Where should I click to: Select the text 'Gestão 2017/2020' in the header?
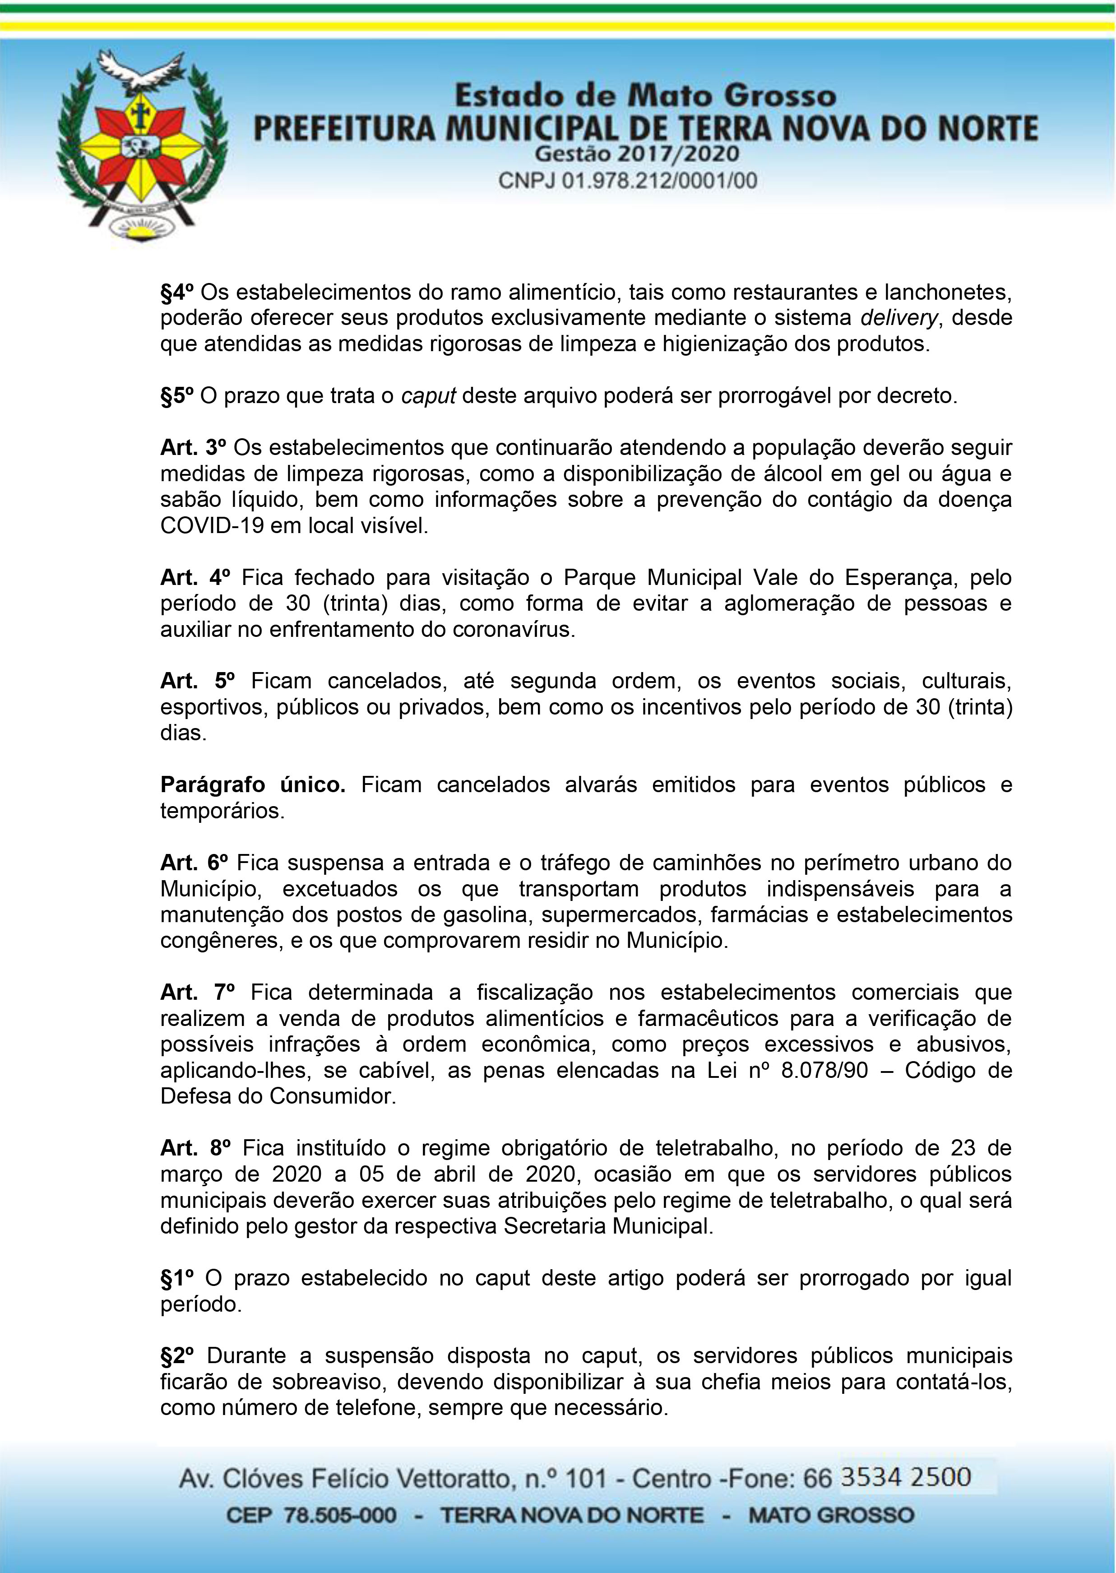[x=636, y=153]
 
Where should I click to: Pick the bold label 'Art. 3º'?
[x=192, y=448]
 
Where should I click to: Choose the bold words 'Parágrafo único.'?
[x=253, y=785]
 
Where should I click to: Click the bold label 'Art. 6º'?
[x=194, y=863]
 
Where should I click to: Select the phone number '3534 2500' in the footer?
[x=906, y=1476]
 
